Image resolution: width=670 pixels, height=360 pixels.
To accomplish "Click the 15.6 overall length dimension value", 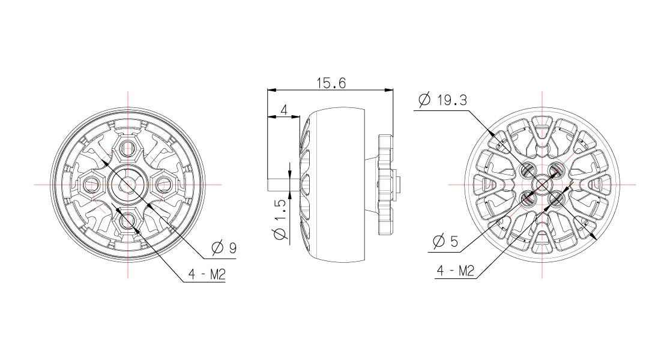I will [331, 83].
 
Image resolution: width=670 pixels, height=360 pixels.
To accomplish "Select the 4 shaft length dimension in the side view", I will [284, 109].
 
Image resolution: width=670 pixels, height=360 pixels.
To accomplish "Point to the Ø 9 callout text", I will [224, 247].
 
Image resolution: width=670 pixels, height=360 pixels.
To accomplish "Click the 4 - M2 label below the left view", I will [206, 274].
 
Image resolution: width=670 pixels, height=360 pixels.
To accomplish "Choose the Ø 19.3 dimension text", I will [443, 100].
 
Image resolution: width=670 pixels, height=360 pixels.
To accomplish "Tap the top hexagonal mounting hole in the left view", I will [127, 148].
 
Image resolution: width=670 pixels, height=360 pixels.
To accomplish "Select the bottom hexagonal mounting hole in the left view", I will [127, 221].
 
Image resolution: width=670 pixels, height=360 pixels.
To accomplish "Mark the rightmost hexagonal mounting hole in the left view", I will [164, 184].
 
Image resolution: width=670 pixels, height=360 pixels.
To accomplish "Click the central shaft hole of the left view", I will [127, 184].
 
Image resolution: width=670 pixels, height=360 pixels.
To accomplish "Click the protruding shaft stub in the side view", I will [279, 184].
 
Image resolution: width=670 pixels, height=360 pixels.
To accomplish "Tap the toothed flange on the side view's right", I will [384, 184].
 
